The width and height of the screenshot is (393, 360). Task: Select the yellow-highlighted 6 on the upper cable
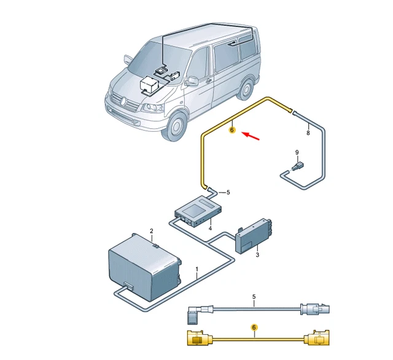232,129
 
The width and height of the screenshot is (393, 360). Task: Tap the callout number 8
308,132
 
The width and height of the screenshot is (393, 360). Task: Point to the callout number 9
296,153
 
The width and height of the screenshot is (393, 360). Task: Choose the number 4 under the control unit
210,229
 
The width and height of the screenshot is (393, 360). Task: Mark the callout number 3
258,255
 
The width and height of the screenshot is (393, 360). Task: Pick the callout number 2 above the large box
151,231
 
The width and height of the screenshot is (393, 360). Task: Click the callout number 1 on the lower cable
197,269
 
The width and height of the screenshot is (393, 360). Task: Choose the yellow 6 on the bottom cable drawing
254,328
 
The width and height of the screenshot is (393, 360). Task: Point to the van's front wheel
177,127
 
